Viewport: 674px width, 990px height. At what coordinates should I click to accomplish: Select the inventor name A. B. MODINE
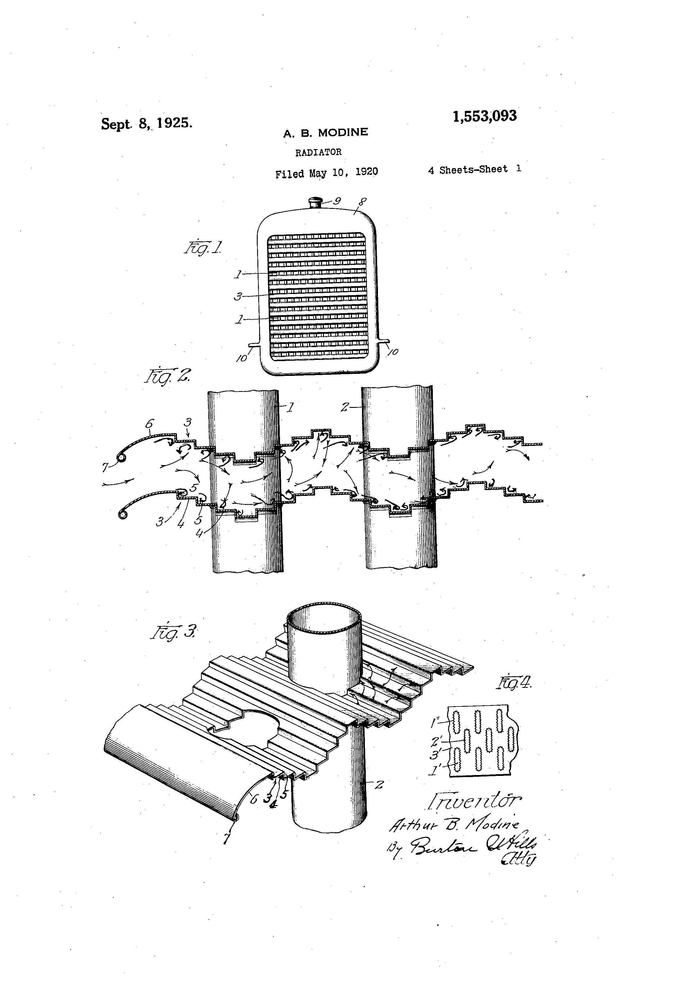[325, 132]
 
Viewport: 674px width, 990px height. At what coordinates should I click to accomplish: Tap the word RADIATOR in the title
[318, 152]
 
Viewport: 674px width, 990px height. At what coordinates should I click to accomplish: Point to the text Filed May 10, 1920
[326, 173]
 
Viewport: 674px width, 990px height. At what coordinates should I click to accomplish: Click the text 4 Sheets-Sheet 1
[474, 169]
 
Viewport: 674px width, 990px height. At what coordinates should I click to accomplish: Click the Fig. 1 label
[203, 247]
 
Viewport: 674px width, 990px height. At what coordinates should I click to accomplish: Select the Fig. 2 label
[167, 376]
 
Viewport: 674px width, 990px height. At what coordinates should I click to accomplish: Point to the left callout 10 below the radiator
[242, 358]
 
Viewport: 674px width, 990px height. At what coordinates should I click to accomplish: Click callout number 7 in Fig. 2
[105, 467]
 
